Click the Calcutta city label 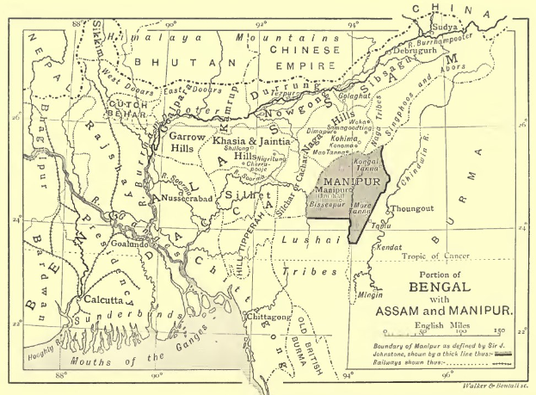point(106,301)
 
